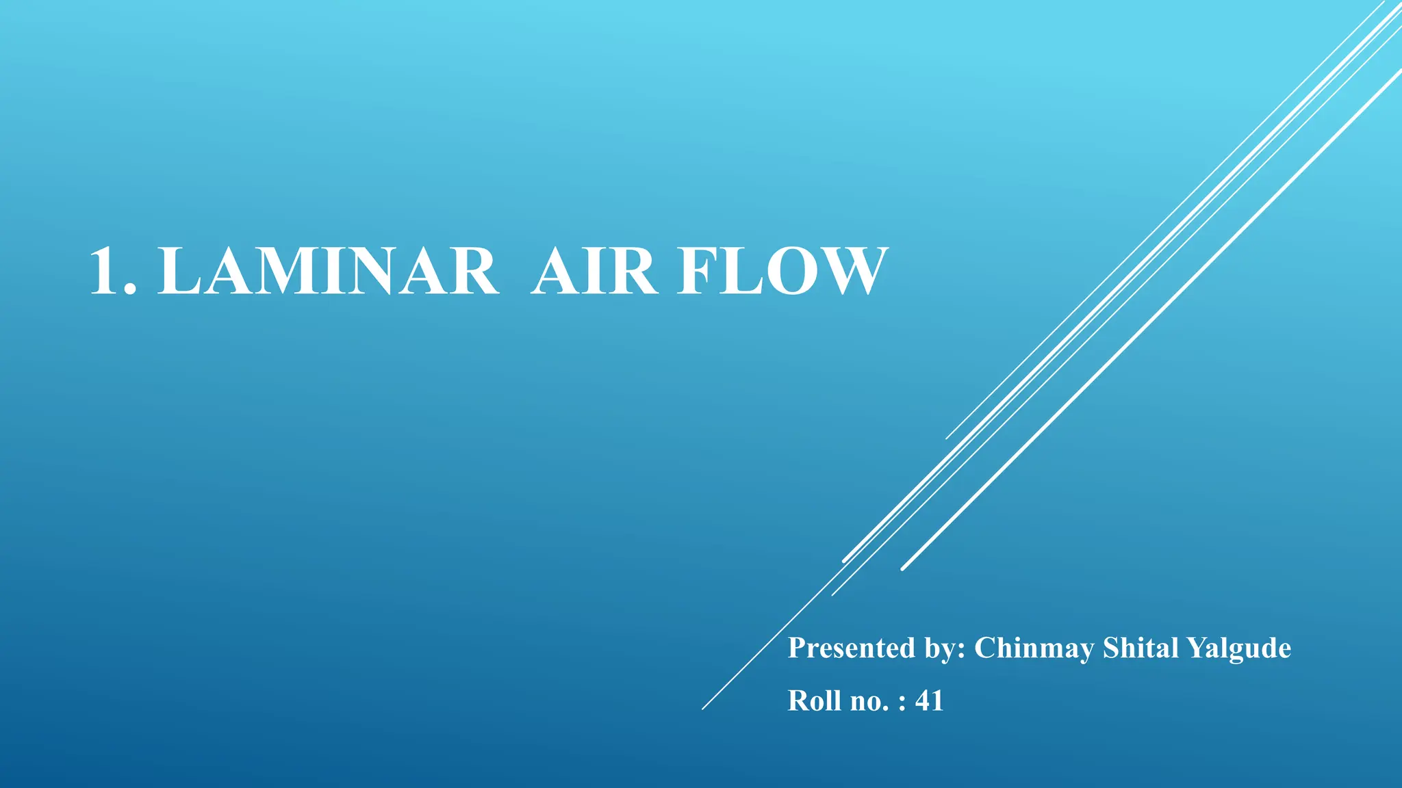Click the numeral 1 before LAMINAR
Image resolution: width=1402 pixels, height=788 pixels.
(x=105, y=272)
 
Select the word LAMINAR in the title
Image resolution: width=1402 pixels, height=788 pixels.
(x=328, y=272)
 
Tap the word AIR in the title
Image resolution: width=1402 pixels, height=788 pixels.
(x=594, y=272)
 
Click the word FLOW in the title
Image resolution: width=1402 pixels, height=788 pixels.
(x=782, y=272)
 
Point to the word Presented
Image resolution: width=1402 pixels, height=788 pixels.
(x=851, y=648)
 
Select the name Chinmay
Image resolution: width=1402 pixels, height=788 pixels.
(x=1034, y=648)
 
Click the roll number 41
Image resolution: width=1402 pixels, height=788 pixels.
(x=929, y=700)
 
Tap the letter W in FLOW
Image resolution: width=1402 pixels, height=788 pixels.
(x=850, y=272)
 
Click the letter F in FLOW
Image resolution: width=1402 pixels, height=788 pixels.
(x=699, y=272)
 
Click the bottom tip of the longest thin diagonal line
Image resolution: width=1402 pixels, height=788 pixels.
(x=703, y=709)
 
